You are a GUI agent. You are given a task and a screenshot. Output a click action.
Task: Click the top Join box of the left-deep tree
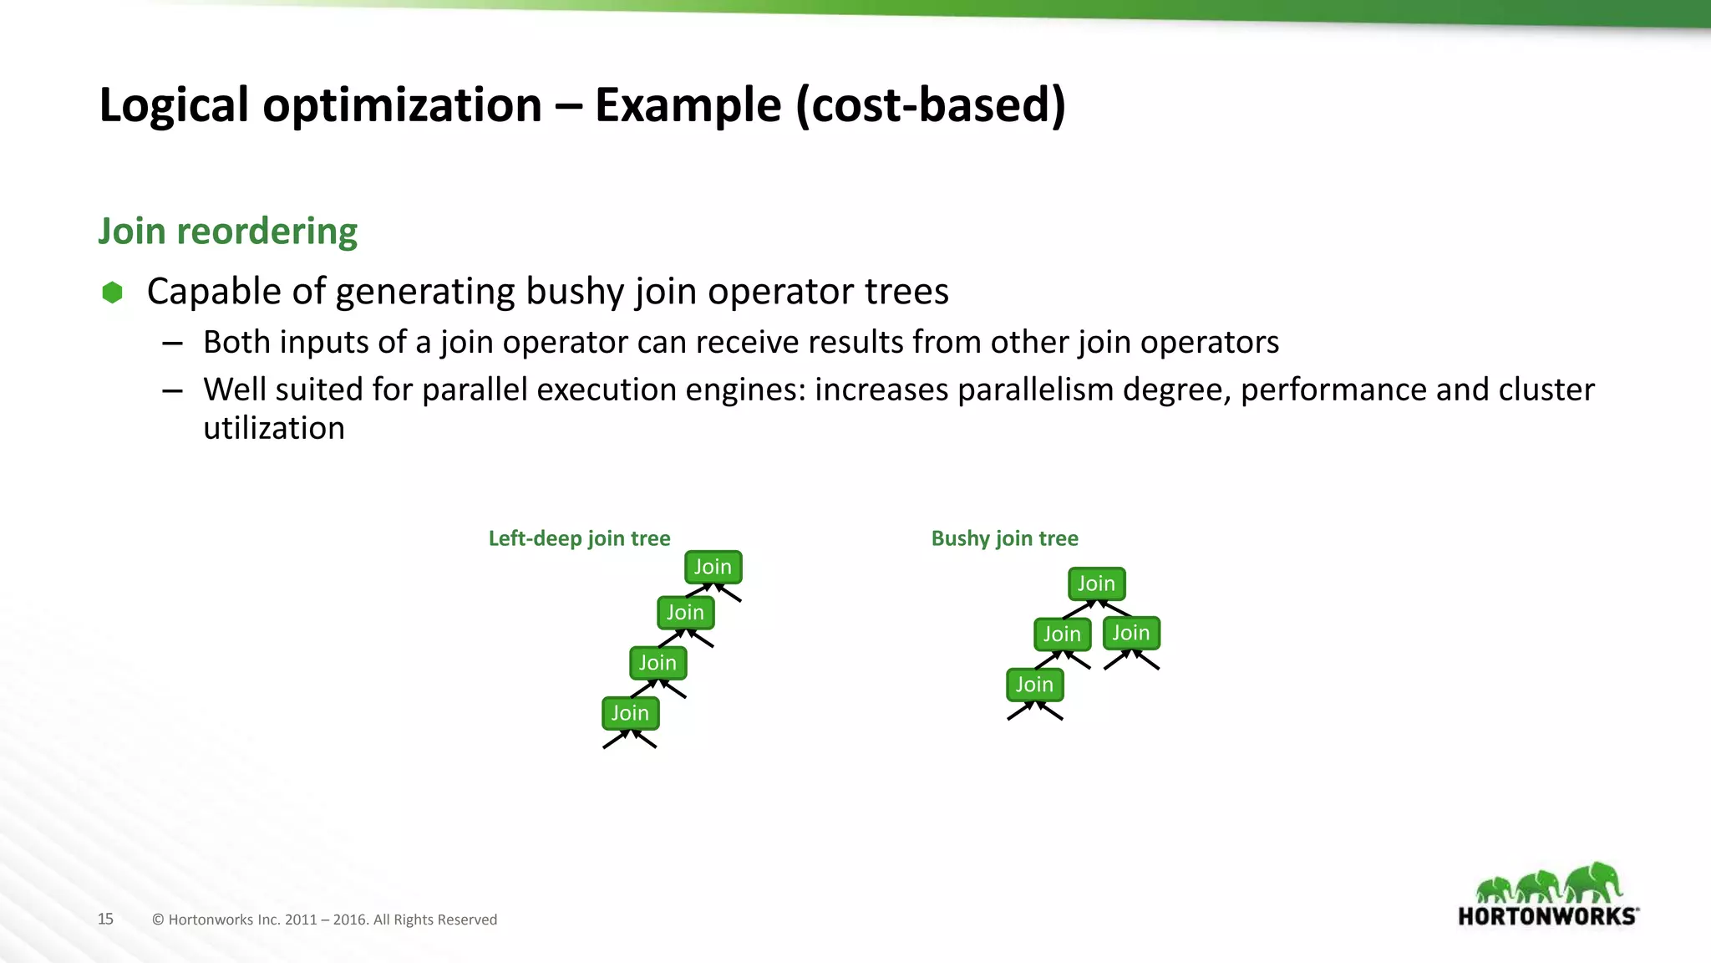(x=713, y=567)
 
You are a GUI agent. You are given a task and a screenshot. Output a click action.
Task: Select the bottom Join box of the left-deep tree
(x=630, y=713)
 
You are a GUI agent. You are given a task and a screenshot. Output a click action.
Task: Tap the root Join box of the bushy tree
(x=1096, y=583)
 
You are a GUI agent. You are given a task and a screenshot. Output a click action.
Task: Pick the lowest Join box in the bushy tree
(x=1034, y=685)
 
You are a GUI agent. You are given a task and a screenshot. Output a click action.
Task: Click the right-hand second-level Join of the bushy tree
(x=1131, y=633)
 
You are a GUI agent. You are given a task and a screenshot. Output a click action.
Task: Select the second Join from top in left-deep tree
(x=685, y=613)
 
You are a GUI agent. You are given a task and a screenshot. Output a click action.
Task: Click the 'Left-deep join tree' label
(x=579, y=538)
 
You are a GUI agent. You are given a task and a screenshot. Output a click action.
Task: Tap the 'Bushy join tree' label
(x=1004, y=538)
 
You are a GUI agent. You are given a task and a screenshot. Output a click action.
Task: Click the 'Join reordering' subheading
(x=227, y=232)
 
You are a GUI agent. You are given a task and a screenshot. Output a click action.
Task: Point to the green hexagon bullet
(x=112, y=293)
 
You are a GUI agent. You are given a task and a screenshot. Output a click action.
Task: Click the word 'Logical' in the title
(x=174, y=105)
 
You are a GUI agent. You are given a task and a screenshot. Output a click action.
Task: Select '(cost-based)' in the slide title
(x=931, y=105)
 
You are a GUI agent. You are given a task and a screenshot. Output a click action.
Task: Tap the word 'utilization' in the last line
(x=274, y=428)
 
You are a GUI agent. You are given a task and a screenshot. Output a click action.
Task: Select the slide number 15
(x=105, y=919)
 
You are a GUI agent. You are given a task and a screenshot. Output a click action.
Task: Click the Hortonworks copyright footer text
(x=324, y=920)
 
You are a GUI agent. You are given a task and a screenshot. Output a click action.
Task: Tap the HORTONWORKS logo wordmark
(x=1547, y=916)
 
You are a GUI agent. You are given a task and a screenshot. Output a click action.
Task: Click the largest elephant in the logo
(x=1594, y=883)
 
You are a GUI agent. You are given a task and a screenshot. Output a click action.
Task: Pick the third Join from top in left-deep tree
(x=657, y=663)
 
